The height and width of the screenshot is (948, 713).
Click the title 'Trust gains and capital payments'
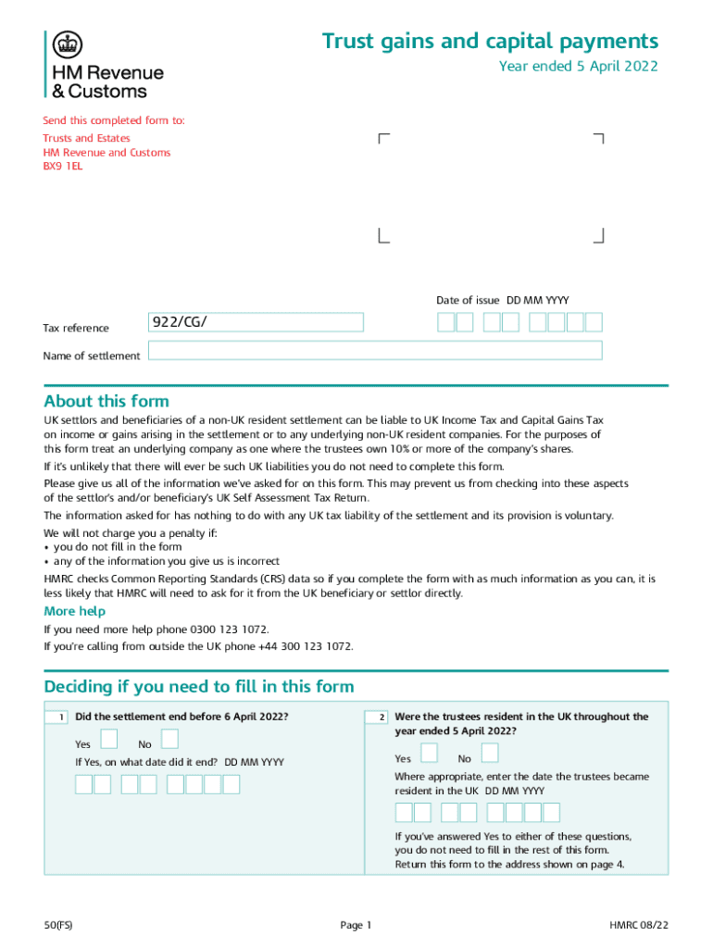pos(490,42)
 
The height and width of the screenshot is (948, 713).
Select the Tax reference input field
pos(256,322)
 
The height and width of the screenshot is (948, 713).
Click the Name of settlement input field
pos(375,350)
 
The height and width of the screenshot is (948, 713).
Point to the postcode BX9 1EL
pos(63,167)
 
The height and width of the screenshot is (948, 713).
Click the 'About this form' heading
pos(106,401)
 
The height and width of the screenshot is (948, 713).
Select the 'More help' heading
pos(75,611)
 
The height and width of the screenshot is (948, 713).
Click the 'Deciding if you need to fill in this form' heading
pos(199,686)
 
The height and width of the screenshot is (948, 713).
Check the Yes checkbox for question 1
pos(109,739)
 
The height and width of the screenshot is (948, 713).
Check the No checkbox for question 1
pos(169,739)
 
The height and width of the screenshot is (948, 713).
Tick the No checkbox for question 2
pos(489,753)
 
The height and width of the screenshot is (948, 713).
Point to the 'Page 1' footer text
pos(356,925)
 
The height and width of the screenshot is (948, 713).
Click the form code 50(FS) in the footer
pos(57,925)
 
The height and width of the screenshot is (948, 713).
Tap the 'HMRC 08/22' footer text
pos(638,925)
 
